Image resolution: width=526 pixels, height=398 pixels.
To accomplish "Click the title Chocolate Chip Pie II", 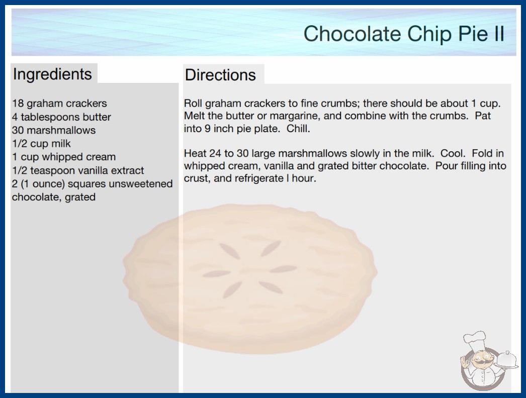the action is tap(404, 34).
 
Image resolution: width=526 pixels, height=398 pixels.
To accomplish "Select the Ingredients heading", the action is tap(52, 74).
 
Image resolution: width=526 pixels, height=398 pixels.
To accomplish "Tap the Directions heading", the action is tap(220, 75).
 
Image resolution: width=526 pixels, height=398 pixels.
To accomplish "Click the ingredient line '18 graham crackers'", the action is tap(59, 104).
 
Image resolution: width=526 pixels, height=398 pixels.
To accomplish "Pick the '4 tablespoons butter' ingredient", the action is tap(61, 117).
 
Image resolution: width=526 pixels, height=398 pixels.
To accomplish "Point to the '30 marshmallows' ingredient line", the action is tap(54, 130).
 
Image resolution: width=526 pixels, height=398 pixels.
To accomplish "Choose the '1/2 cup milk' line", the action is tap(41, 144).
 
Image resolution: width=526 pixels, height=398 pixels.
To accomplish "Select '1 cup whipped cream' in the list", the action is tap(64, 157).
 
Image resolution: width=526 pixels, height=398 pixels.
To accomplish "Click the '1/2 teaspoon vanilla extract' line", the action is tap(78, 170).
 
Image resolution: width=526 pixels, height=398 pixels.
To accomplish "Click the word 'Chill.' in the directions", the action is tap(298, 129).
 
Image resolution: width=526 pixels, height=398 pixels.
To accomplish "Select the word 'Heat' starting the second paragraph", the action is tap(195, 153).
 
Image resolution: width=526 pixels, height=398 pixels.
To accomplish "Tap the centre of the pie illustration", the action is tap(250, 279).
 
